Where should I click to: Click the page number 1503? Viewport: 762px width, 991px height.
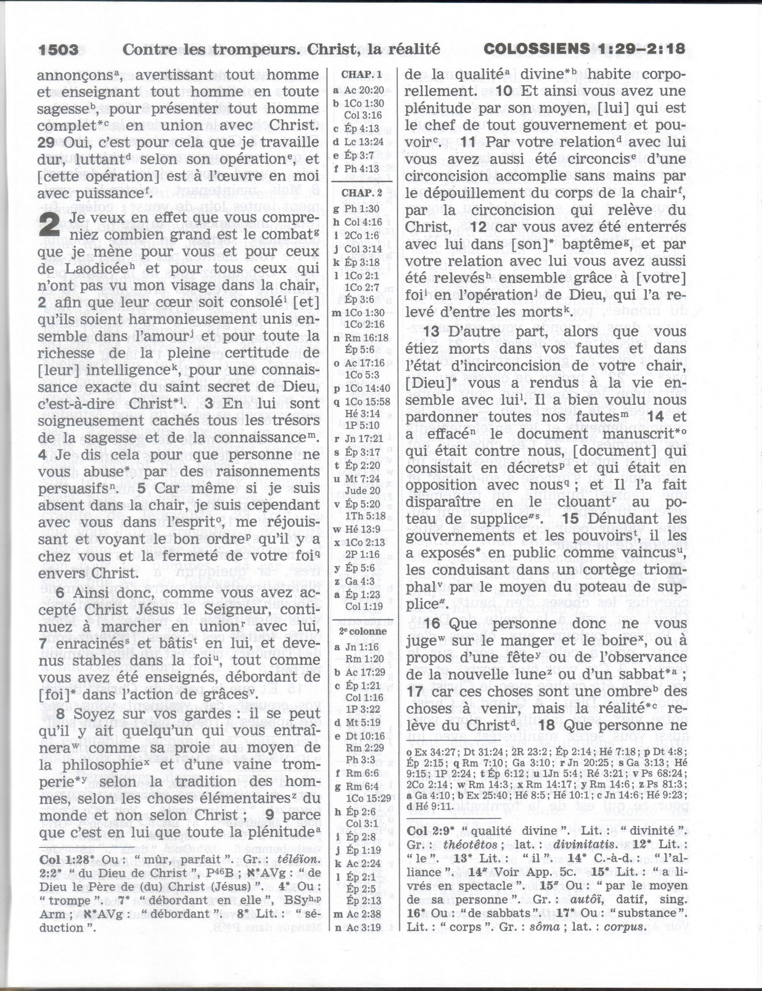(59, 49)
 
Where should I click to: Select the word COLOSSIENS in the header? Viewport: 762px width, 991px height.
(536, 49)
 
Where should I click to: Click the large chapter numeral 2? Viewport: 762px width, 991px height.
(49, 224)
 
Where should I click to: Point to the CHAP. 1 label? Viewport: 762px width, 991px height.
(361, 75)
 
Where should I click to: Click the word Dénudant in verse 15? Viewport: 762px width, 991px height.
(624, 519)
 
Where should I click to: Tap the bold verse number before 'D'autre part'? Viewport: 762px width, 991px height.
(434, 332)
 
